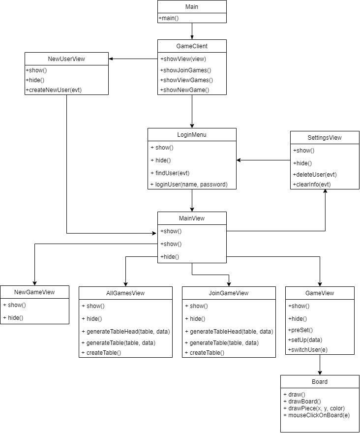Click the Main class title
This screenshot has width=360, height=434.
coord(192,7)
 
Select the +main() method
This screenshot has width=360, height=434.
coord(169,18)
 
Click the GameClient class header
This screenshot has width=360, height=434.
coord(192,46)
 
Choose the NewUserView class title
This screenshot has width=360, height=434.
coord(66,59)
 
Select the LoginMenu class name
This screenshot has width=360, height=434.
coord(192,135)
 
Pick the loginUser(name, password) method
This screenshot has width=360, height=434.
coord(189,184)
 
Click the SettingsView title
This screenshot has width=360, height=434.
coord(325,138)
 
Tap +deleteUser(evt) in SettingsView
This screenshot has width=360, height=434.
coord(315,174)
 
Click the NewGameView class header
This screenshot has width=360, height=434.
coord(34,292)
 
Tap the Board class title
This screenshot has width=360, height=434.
coord(320,381)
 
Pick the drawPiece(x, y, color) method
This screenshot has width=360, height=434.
coord(314,408)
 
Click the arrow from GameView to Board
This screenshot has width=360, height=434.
coord(320,365)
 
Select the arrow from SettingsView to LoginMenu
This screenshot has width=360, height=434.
coord(263,160)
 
